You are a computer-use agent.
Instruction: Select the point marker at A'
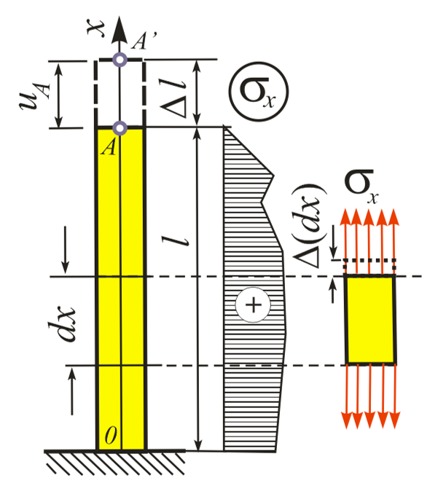(x=120, y=60)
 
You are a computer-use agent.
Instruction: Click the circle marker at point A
(x=120, y=128)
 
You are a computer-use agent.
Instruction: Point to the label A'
(x=144, y=41)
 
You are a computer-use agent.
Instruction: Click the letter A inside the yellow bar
(x=109, y=147)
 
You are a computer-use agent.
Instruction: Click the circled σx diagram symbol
(x=259, y=92)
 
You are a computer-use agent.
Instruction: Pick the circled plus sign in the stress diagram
(x=253, y=305)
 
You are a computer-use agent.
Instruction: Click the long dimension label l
(x=176, y=240)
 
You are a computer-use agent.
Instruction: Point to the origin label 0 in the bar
(x=111, y=435)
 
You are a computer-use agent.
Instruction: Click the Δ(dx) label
(x=308, y=226)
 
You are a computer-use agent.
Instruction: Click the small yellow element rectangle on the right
(x=370, y=319)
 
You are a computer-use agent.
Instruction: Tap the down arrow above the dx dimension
(x=65, y=250)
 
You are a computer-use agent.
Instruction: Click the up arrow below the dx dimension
(x=72, y=391)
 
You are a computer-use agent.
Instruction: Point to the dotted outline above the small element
(x=370, y=260)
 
